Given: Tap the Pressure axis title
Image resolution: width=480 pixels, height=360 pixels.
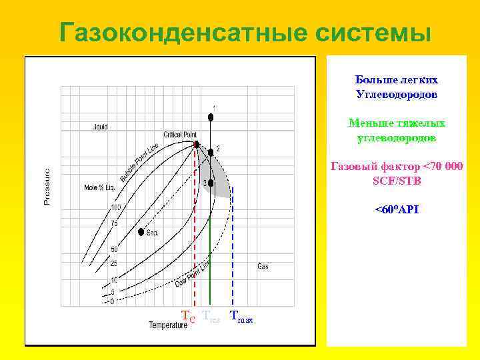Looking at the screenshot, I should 47,186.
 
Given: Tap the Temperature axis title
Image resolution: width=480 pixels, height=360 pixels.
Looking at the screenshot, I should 168,325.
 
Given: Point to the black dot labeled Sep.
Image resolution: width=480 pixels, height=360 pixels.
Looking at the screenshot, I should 141,233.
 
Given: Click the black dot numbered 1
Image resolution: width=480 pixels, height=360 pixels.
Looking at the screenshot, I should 211,117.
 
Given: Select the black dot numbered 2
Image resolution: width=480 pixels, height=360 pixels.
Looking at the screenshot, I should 210,152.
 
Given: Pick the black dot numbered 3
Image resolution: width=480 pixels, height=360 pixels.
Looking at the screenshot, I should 211,183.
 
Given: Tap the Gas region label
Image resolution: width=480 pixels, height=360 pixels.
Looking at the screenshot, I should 263,267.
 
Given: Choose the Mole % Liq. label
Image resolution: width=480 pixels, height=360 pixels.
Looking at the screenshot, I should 99,187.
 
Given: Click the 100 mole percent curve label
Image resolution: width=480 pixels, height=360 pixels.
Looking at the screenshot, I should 115,207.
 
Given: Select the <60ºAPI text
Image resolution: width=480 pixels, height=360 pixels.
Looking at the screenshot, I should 397,209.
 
